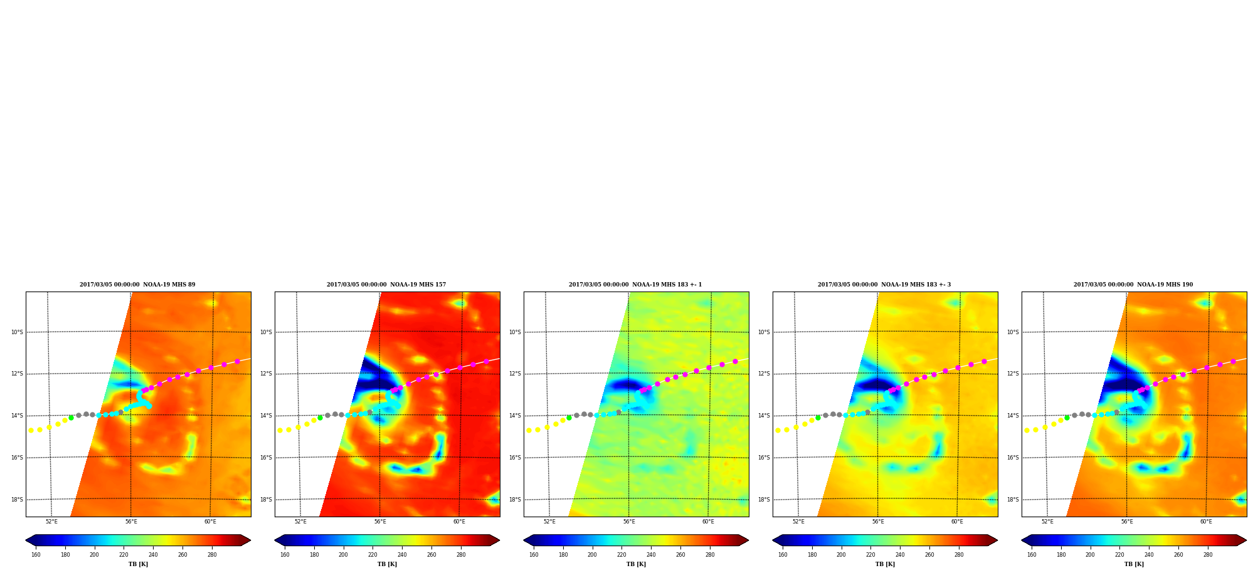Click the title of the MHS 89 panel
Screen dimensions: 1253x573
click(137, 285)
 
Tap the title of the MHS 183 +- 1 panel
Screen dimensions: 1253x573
click(635, 285)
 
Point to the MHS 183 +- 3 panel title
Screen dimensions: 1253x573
click(884, 285)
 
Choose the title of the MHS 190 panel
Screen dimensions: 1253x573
click(1133, 285)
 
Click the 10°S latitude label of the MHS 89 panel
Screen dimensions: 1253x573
click(17, 332)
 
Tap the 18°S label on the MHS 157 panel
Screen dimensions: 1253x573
click(266, 500)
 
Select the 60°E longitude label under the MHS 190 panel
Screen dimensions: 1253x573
click(1206, 522)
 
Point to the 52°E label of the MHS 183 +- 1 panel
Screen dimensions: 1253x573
click(549, 522)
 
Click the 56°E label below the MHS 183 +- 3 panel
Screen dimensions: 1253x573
click(878, 522)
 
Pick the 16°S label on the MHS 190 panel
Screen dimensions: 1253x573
click(1013, 458)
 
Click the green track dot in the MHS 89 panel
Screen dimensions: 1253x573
click(71, 418)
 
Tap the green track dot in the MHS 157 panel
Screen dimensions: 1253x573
click(320, 418)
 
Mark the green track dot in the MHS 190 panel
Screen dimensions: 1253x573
click(1067, 418)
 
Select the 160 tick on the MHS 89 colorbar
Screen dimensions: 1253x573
click(36, 555)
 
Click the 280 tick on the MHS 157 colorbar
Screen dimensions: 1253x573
click(461, 555)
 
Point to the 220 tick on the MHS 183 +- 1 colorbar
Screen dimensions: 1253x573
click(621, 555)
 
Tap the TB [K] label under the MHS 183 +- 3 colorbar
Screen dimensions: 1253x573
click(885, 564)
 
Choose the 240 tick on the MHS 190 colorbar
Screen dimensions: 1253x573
click(1149, 555)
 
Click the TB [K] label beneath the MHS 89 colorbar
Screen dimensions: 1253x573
click(138, 564)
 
